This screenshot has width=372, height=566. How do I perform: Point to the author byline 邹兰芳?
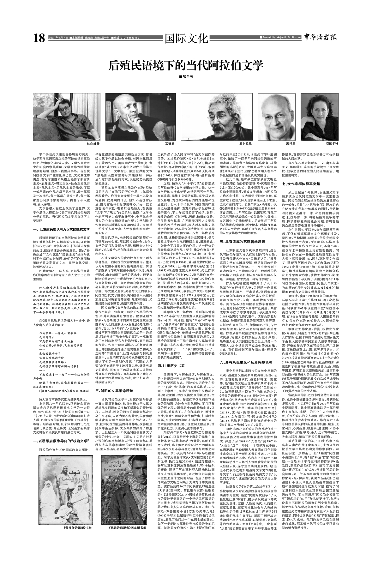[186, 77]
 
